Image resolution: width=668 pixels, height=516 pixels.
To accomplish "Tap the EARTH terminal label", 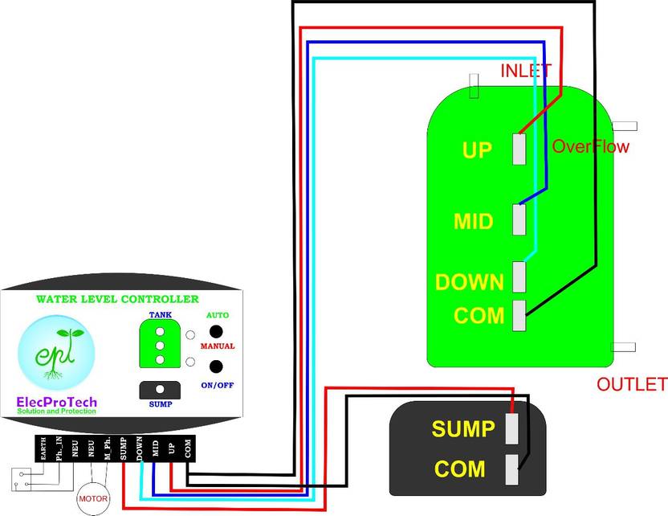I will tap(43, 448).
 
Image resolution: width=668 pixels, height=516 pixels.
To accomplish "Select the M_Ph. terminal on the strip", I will tap(107, 448).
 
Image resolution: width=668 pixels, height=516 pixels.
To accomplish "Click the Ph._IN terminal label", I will tap(59, 448).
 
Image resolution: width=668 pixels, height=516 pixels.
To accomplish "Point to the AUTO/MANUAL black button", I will tap(215, 331).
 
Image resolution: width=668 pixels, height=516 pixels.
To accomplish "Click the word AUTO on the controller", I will tap(218, 315).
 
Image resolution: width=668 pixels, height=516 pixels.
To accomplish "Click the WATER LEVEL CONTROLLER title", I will tap(116, 299).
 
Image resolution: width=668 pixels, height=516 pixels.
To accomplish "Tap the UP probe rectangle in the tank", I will tap(519, 149).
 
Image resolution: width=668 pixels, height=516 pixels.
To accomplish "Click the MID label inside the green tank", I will tap(473, 220).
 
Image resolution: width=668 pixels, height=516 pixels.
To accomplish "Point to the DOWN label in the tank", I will tap(469, 282).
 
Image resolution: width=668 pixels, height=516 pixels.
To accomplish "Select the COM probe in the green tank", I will tap(519, 313).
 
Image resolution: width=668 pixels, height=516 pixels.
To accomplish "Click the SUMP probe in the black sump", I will tap(512, 428).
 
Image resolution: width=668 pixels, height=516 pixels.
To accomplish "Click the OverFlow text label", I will tap(591, 147).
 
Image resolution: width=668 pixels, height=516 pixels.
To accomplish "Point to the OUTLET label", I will tap(631, 384).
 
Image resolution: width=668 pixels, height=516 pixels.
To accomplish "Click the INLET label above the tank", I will tap(526, 71).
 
